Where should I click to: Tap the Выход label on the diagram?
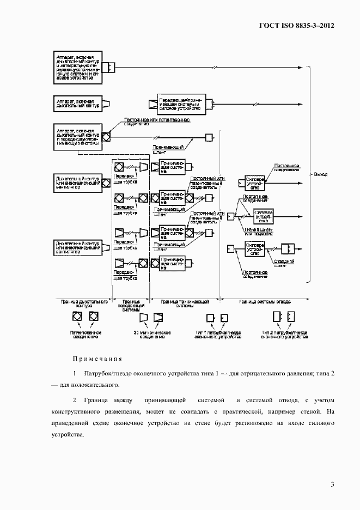tap(321, 174)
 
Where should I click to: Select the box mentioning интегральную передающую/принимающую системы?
tap(78, 67)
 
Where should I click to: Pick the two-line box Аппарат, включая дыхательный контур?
tap(77, 103)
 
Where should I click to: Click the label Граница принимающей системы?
tap(186, 303)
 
